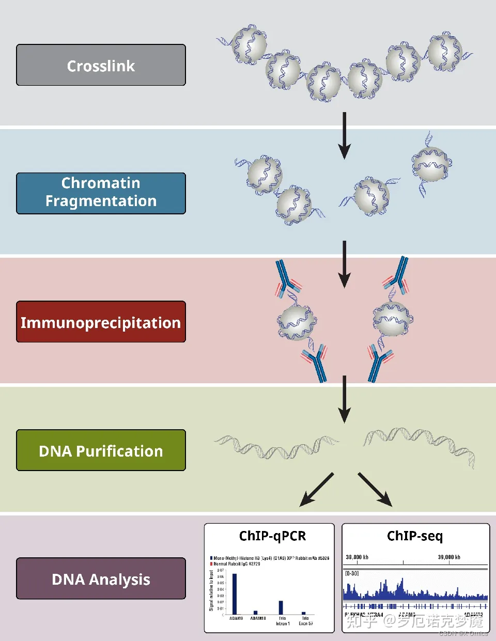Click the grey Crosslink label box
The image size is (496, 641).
click(x=101, y=65)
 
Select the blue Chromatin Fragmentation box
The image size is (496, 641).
click(x=101, y=193)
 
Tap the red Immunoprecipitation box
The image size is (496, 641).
click(x=101, y=322)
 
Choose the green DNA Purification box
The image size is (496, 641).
click(x=101, y=450)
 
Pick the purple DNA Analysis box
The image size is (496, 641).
click(x=101, y=579)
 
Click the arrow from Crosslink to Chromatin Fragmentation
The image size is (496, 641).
click(x=344, y=135)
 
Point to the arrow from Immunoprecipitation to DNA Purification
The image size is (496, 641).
click(x=344, y=399)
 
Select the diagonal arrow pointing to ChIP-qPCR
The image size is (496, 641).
click(x=316, y=490)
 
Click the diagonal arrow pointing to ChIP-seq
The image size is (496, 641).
click(x=375, y=490)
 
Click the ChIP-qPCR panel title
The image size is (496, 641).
click(x=272, y=536)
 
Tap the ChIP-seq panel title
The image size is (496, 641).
click(x=415, y=536)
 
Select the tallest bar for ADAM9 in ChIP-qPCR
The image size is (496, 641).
click(x=235, y=594)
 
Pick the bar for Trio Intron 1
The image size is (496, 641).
click(x=281, y=607)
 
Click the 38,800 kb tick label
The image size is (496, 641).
click(x=357, y=557)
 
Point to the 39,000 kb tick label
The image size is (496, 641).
click(x=449, y=557)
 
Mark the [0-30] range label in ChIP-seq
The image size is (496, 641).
click(x=352, y=573)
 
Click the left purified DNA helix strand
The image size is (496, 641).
click(x=276, y=447)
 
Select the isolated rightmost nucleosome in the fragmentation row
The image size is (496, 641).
click(x=431, y=164)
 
